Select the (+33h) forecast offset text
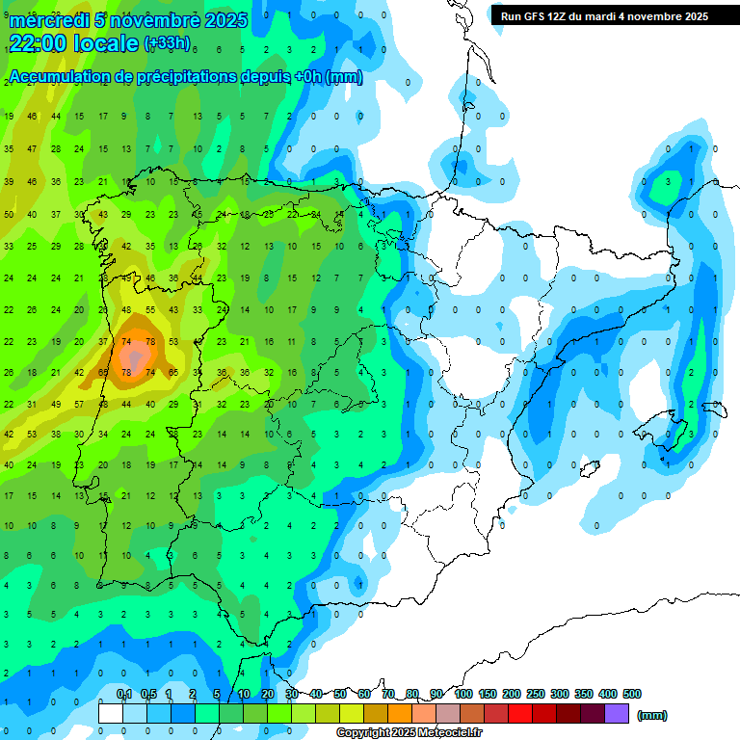[x=167, y=43]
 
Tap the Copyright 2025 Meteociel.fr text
[x=409, y=733]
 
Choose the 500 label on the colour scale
[x=632, y=694]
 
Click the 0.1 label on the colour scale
[x=124, y=694]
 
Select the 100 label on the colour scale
[x=462, y=694]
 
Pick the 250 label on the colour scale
[x=535, y=694]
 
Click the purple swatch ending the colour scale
[x=617, y=714]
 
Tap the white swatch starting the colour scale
[x=111, y=714]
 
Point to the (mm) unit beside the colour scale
[x=652, y=715]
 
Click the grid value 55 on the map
[x=150, y=309]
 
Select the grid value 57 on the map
[x=56, y=404]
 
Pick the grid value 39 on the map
[x=9, y=180]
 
